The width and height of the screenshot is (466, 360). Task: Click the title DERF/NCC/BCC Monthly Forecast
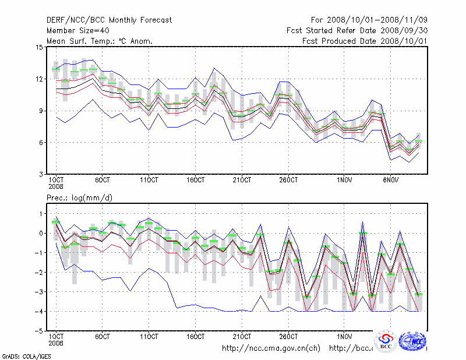(109, 20)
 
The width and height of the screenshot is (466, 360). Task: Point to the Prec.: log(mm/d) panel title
(79, 199)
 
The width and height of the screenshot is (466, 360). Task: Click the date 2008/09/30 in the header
(399, 31)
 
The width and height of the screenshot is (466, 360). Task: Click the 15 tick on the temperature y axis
(39, 47)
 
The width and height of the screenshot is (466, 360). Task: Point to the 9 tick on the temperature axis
(41, 111)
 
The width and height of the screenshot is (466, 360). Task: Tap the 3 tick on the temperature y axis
(41, 174)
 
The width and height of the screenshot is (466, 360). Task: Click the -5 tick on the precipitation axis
(39, 331)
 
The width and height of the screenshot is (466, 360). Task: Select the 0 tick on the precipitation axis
(41, 233)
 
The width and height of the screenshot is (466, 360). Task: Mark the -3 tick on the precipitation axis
(39, 292)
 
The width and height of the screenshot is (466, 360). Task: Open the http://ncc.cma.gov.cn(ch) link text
(271, 348)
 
